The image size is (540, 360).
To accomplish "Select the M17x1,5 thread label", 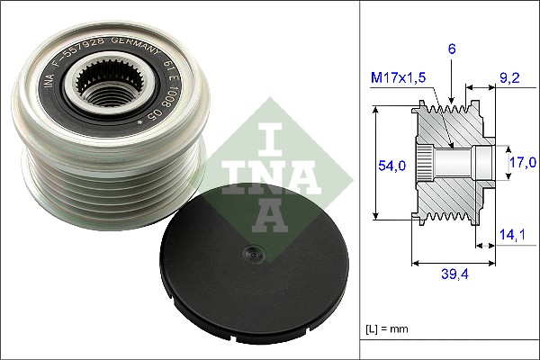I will (x=400, y=78).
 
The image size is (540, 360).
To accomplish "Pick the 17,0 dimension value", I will (x=521, y=162).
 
